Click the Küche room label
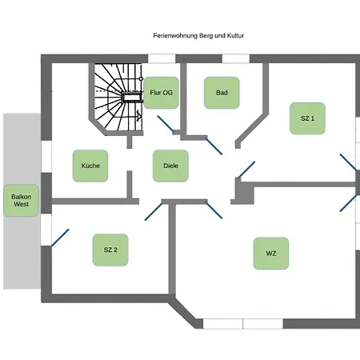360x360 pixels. (90, 166)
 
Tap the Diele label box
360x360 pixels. (170, 166)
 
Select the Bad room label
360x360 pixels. (222, 93)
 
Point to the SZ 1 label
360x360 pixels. (307, 118)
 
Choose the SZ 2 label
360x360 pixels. (110, 250)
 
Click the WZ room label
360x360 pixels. (271, 254)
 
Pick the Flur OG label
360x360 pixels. (161, 93)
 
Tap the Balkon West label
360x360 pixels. (21, 201)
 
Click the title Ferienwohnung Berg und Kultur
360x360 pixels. (198, 36)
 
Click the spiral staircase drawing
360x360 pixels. (118, 97)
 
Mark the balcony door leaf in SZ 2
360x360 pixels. (60, 238)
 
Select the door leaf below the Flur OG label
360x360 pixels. (166, 124)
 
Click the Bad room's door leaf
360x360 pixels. (214, 146)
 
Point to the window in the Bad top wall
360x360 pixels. (236, 58)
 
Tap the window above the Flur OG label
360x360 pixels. (162, 58)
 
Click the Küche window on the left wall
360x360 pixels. (46, 157)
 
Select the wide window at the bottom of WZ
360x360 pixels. (243, 323)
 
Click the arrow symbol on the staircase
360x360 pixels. (139, 116)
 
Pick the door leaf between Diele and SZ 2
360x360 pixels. (154, 211)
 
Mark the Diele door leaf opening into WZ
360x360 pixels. (214, 210)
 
